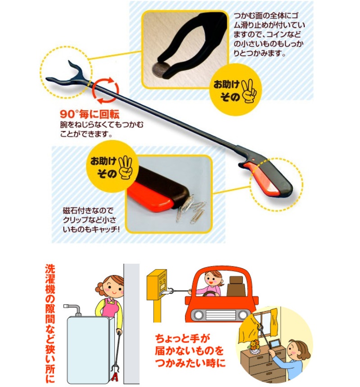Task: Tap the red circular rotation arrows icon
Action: coord(105,90)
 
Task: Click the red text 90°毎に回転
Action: coord(90,114)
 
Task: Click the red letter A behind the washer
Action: coord(114,377)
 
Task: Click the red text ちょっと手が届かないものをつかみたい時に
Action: coord(189,351)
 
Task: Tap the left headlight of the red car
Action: coord(198,315)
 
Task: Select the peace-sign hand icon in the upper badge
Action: coord(249,91)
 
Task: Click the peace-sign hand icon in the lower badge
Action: coord(126,167)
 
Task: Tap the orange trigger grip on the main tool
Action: coord(262,177)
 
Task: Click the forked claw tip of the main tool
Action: coord(66,73)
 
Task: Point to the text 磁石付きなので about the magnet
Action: coord(88,211)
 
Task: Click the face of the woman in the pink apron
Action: coord(112,288)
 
